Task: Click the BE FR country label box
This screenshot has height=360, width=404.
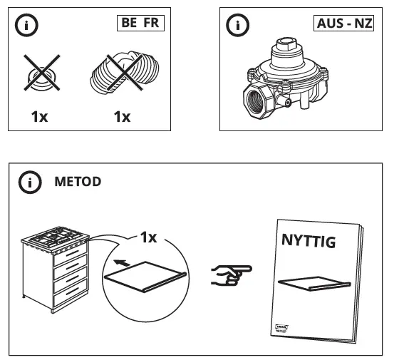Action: click(x=140, y=22)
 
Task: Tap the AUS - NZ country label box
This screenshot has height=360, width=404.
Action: click(x=344, y=22)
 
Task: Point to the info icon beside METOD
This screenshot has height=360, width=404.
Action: click(x=29, y=182)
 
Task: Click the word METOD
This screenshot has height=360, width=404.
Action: click(x=78, y=182)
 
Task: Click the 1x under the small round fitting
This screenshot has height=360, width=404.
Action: click(x=39, y=116)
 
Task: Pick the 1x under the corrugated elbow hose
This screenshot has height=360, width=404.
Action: click(x=123, y=116)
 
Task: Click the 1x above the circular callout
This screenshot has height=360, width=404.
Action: click(x=147, y=237)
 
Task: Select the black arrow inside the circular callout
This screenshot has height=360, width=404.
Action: click(x=123, y=264)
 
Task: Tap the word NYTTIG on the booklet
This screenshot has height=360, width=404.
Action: click(x=307, y=242)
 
